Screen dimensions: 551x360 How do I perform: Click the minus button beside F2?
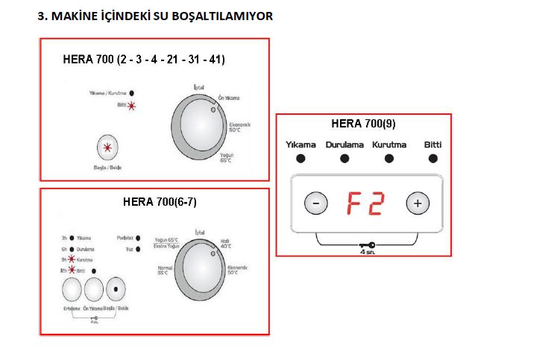(316, 203)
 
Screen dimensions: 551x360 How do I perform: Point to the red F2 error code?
(365, 203)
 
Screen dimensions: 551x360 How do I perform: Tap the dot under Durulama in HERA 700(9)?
(344, 158)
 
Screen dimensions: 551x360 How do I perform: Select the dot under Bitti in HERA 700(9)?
(433, 158)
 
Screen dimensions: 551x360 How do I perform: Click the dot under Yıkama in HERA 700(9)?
(300, 158)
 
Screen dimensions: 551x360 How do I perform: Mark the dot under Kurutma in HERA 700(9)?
(389, 158)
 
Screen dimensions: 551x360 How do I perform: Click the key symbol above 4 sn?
(366, 244)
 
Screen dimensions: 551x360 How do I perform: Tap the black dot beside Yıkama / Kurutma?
(132, 93)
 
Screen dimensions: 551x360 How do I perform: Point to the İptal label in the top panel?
(198, 87)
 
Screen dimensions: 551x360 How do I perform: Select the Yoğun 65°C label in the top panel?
(227, 157)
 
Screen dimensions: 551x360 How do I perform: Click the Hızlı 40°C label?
(224, 243)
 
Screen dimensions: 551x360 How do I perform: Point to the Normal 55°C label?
(164, 271)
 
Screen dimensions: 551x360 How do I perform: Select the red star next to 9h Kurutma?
(72, 260)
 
